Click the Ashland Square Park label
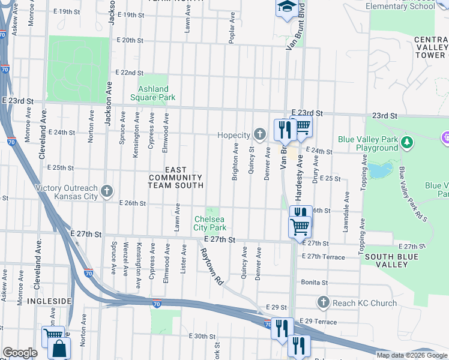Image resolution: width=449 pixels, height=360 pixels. [x=153, y=93]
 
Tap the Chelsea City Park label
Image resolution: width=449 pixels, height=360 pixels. [x=210, y=223]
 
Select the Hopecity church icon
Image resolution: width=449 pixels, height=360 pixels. [x=259, y=133]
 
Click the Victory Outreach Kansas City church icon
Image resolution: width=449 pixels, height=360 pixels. [x=107, y=191]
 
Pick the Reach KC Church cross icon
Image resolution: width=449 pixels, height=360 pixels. [x=324, y=302]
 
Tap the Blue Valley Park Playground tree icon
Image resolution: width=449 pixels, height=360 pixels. [x=408, y=142]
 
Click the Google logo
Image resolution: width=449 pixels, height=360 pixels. [x=20, y=353]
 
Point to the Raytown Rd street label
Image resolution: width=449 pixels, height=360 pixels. [x=211, y=266]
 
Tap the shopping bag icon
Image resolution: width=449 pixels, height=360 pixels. [x=59, y=348]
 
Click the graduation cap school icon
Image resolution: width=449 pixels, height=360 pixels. [x=285, y=7]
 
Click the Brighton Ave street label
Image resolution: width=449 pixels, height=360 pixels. [x=235, y=161]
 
